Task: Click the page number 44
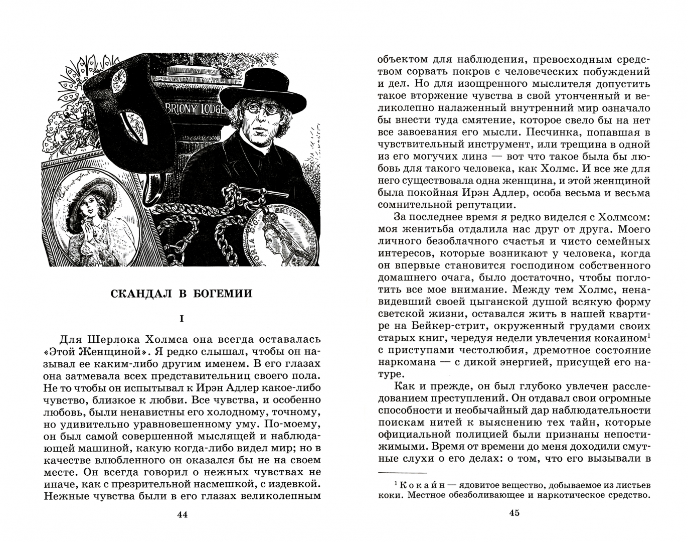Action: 182,516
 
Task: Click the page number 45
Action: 514,512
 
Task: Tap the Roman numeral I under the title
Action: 182,319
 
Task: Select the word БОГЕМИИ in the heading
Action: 226,294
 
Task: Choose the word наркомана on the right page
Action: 408,363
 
